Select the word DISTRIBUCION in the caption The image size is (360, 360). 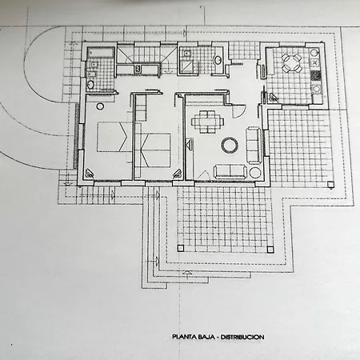(242, 337)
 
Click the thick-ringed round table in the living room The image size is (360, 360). (230, 145)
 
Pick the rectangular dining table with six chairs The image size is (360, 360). (207, 122)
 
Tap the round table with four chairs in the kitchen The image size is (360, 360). (292, 63)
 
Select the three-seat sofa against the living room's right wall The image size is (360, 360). (254, 145)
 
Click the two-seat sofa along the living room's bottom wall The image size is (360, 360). (230, 171)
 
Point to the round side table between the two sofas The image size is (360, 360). (255, 173)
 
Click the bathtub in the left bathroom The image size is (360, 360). (101, 52)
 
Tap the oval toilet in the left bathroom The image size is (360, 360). (90, 85)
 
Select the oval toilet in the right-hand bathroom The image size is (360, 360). (218, 60)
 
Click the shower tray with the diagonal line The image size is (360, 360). (186, 66)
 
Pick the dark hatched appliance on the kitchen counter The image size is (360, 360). (316, 75)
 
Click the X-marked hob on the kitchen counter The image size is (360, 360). (316, 62)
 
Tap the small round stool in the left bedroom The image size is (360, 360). (100, 106)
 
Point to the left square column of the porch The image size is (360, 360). (181, 248)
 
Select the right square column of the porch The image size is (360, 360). (270, 250)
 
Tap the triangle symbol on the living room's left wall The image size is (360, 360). (190, 145)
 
